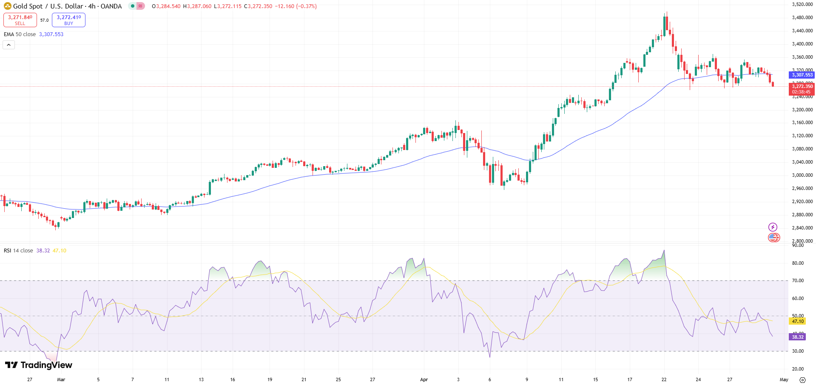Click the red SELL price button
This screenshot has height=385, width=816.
tap(20, 20)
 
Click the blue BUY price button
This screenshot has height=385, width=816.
tap(68, 20)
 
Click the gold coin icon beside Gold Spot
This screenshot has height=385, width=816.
tap(7, 6)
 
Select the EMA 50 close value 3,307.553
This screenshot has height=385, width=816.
tap(51, 34)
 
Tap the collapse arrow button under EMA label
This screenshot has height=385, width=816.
tap(9, 45)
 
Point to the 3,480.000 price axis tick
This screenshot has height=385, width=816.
tap(802, 17)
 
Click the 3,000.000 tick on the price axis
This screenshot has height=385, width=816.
tap(802, 175)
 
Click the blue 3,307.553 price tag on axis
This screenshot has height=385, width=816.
tap(802, 75)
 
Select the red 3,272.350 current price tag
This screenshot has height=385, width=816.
tap(802, 86)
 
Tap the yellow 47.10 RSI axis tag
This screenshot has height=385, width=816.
tap(798, 321)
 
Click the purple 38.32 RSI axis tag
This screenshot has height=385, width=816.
tap(797, 337)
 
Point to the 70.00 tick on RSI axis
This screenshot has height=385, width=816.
tap(798, 280)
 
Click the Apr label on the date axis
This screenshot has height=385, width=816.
tap(424, 379)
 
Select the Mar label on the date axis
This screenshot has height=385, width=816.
tap(61, 379)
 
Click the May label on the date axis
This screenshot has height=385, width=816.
tap(784, 379)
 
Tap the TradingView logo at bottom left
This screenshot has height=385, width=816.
tap(38, 365)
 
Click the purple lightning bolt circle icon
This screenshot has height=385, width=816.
tap(773, 227)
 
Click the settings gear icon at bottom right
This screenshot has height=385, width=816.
tap(802, 379)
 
